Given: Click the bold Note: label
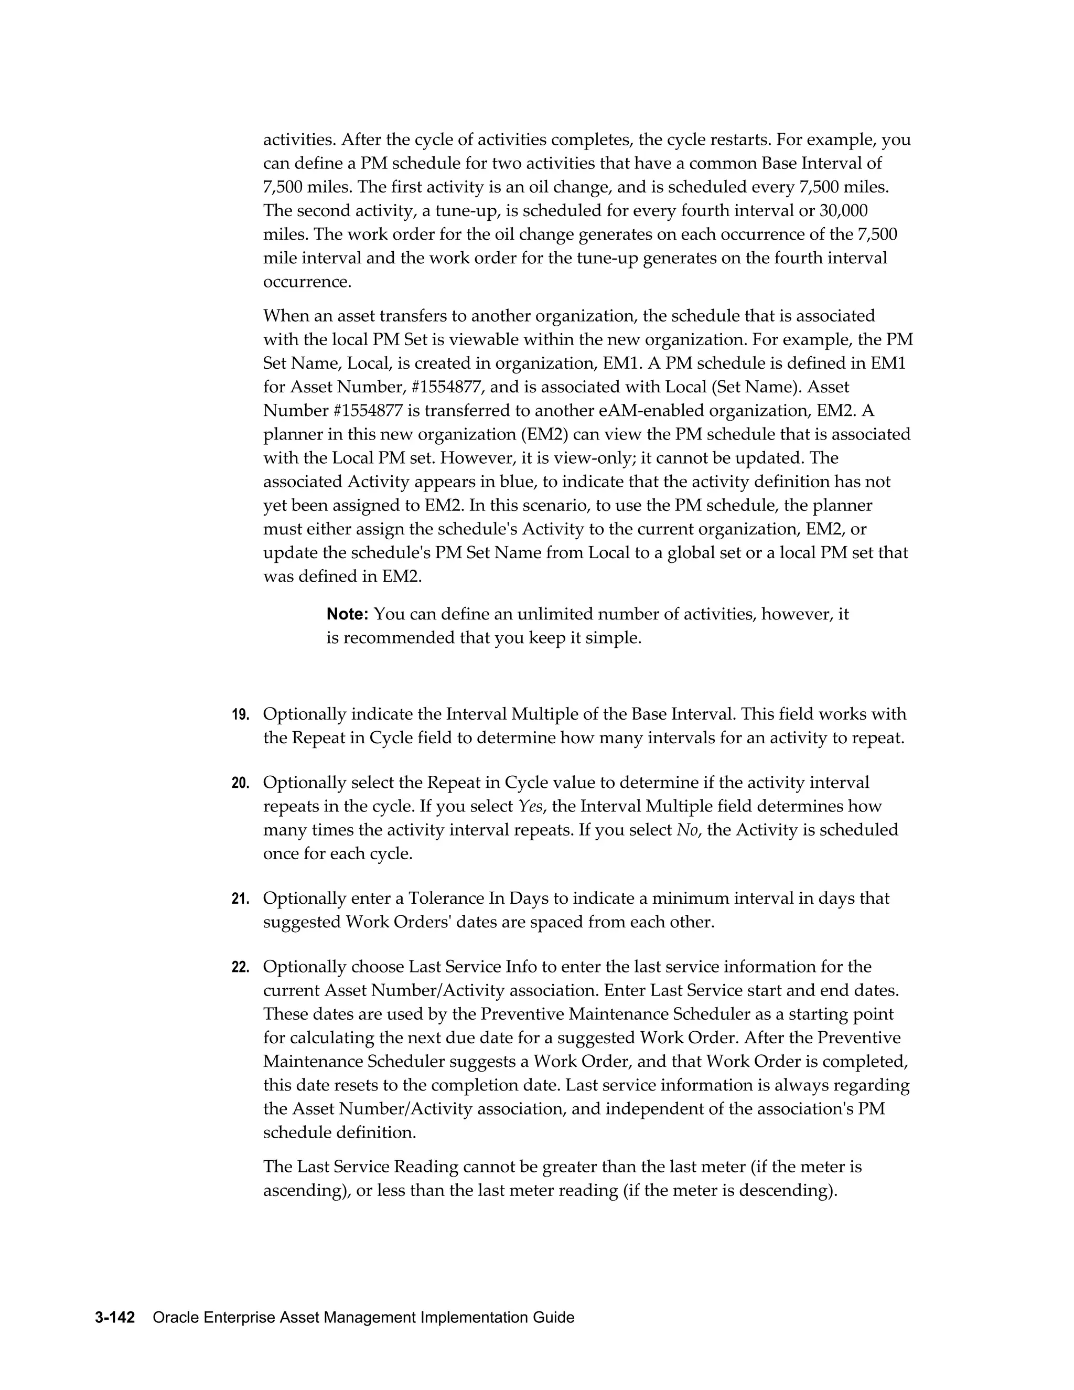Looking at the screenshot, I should pyautogui.click(x=347, y=614).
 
